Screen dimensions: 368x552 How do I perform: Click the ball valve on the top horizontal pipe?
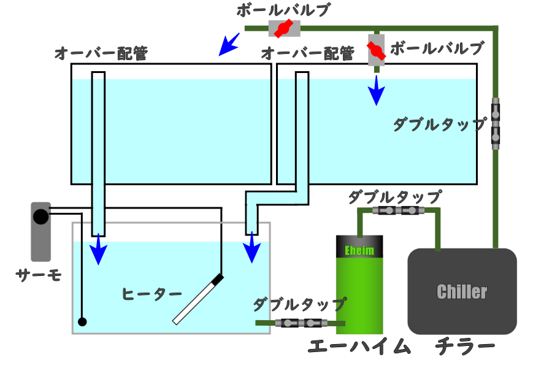pos(284,28)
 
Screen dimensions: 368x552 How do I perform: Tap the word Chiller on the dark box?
pos(462,292)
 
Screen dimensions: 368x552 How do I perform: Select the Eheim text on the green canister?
pos(359,250)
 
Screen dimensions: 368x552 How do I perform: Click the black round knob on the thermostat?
pos(40,217)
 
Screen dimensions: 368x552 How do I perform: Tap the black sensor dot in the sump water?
pos(82,321)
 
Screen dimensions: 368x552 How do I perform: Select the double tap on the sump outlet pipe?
pos(301,323)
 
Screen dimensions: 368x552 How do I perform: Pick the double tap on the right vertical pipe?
pos(496,123)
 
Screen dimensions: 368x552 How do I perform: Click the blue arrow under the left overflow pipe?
pos(98,250)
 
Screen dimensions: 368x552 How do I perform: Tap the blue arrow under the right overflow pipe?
pos(251,250)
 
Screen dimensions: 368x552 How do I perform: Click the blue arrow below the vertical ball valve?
pos(376,92)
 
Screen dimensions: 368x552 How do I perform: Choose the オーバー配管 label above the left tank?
pos(101,54)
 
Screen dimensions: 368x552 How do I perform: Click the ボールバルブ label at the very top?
pos(283,10)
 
